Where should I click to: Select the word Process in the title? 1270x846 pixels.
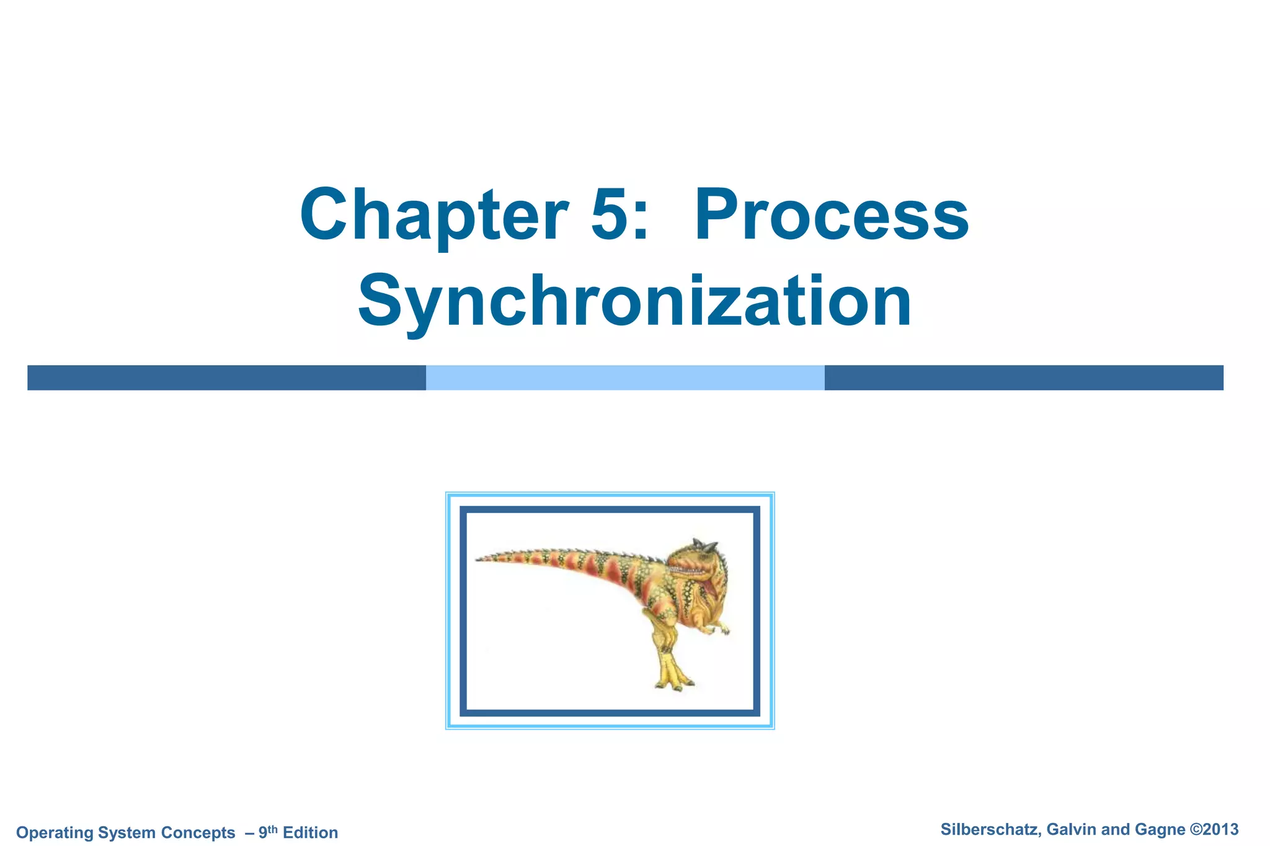(832, 215)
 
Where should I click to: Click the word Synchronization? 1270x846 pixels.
(634, 302)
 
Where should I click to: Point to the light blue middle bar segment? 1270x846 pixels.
(625, 377)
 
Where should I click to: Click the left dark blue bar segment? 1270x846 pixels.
(226, 377)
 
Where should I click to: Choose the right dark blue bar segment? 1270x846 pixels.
(1024, 377)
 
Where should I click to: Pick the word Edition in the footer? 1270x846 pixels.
(310, 832)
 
